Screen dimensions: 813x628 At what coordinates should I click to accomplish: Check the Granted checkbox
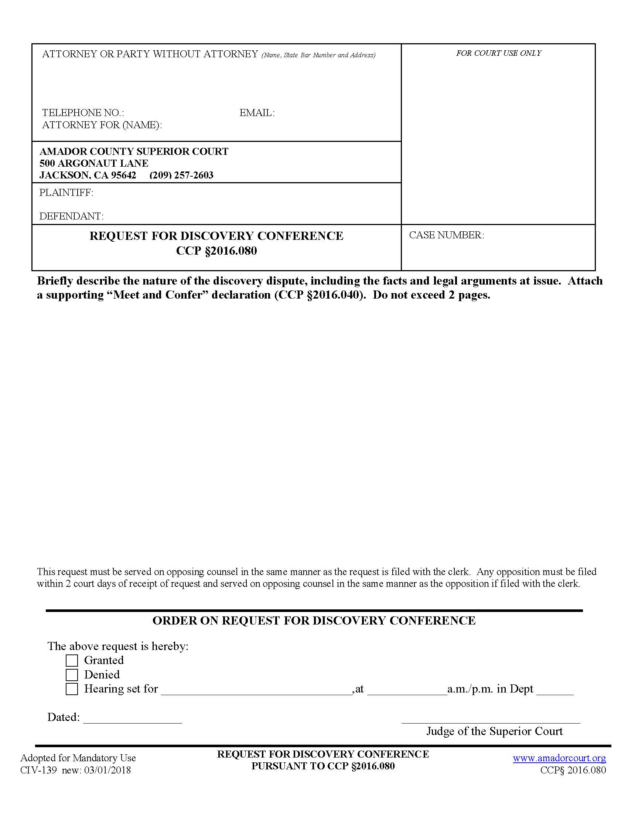point(72,660)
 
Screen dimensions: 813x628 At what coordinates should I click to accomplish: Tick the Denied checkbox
point(72,674)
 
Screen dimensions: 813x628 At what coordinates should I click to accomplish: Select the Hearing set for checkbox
point(72,689)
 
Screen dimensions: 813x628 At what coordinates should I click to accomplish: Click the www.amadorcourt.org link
point(559,758)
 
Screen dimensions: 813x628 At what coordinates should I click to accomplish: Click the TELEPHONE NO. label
point(83,113)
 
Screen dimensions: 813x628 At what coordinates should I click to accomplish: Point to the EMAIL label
point(257,113)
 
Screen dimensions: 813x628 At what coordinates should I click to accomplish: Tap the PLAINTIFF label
point(66,193)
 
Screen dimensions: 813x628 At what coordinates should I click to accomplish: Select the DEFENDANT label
point(71,216)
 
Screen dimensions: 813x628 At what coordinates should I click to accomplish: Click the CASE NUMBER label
point(447,235)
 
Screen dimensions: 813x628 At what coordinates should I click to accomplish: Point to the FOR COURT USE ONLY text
point(499,53)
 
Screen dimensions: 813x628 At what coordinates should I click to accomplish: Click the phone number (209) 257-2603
point(181,175)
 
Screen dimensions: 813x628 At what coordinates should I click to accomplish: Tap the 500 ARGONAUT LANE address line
point(94,163)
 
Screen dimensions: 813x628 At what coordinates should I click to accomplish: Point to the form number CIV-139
point(38,770)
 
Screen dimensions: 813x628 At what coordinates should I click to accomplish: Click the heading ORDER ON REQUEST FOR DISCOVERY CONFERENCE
point(314,620)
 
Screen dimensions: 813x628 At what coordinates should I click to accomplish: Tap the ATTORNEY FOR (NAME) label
point(102,125)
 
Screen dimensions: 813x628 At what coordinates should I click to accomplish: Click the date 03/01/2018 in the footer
point(107,770)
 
